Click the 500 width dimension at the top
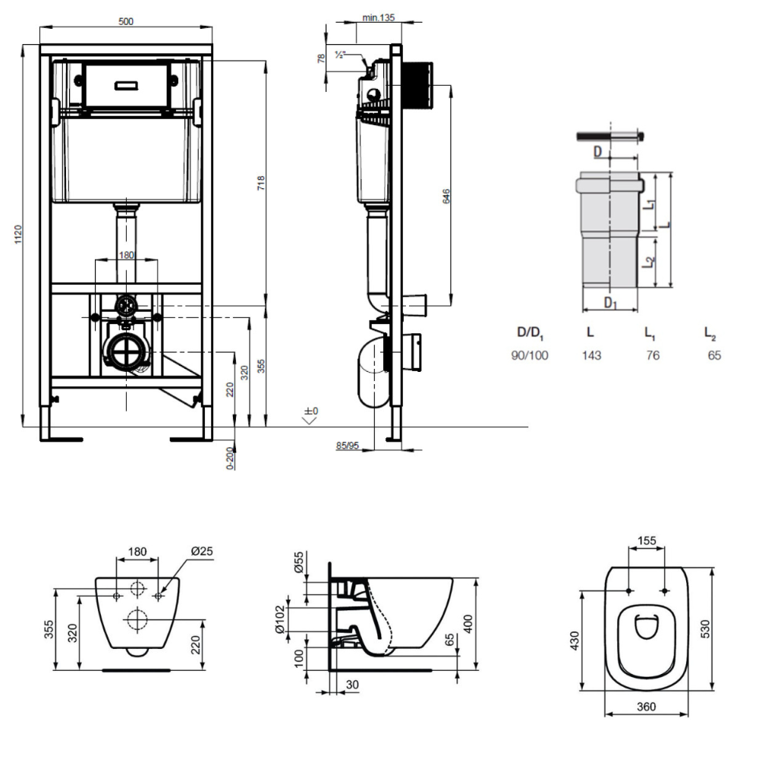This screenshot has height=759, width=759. tap(126, 21)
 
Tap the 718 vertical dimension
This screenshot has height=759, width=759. tap(260, 183)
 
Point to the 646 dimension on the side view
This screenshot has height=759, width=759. tap(447, 195)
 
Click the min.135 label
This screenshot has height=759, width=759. tap(378, 17)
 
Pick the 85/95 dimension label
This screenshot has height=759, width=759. tap(348, 445)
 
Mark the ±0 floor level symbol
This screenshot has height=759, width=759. tap(310, 411)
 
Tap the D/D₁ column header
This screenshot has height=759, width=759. tap(531, 332)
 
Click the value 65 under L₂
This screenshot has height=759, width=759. tap(713, 354)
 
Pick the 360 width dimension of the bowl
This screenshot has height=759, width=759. tap(647, 707)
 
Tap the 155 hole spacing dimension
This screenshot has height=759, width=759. tap(647, 541)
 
